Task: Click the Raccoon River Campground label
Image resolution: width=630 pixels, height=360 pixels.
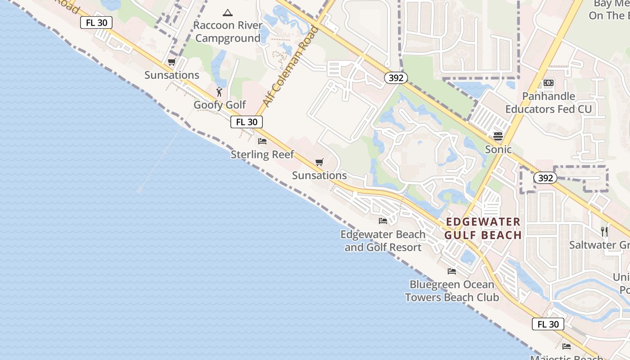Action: click(228, 31)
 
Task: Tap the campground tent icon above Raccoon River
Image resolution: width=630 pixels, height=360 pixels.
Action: click(228, 13)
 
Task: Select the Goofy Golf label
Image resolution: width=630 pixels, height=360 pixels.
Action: click(220, 105)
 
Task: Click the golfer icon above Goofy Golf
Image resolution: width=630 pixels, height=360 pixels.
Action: click(219, 92)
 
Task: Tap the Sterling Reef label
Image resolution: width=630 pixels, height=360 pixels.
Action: click(262, 154)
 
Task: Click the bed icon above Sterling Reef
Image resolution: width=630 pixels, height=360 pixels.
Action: click(262, 141)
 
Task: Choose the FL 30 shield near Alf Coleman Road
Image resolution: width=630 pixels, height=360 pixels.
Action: click(247, 122)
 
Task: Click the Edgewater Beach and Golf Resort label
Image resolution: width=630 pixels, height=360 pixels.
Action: click(383, 241)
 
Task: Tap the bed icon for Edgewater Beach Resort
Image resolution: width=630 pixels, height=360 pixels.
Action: click(383, 220)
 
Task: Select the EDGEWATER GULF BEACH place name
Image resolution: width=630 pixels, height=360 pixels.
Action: click(483, 228)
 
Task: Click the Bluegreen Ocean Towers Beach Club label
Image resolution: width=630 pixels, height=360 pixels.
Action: click(452, 291)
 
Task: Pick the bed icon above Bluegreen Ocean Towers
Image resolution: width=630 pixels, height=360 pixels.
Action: click(452, 271)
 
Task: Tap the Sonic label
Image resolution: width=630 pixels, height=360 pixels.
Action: click(498, 149)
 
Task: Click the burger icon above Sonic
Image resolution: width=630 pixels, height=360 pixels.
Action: click(498, 136)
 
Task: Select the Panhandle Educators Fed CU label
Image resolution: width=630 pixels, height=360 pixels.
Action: click(549, 103)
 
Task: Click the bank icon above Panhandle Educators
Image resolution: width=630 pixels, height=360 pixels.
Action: click(549, 83)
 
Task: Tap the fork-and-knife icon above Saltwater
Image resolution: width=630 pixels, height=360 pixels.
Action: click(604, 232)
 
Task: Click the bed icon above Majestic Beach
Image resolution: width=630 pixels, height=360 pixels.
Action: click(567, 346)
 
